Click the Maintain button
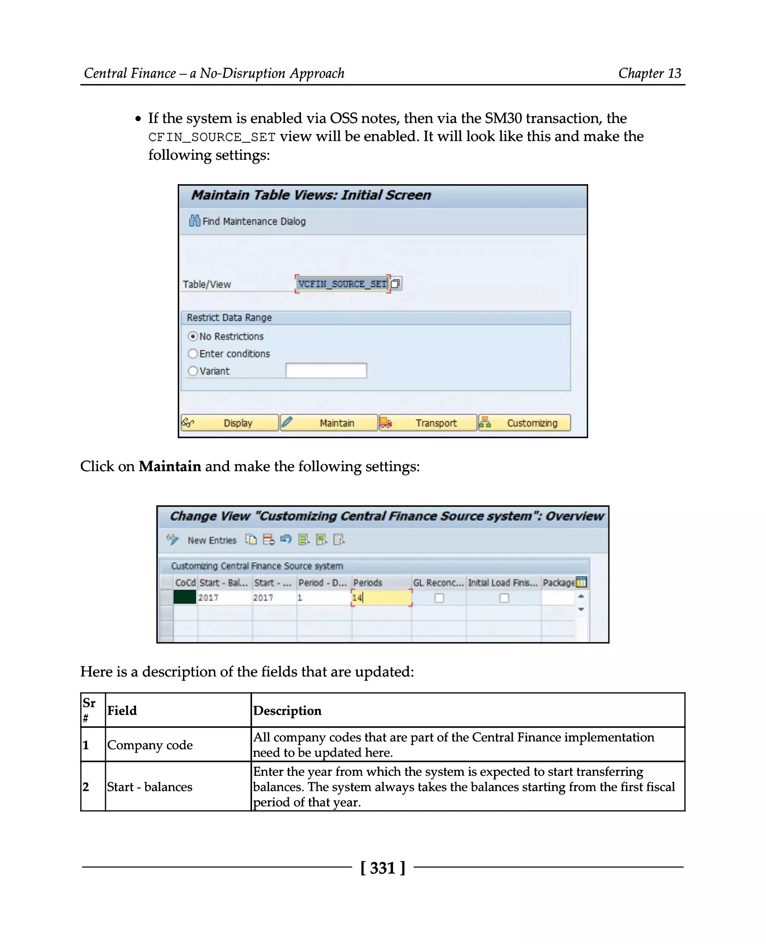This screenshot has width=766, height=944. click(x=329, y=422)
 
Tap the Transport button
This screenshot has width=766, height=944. click(x=428, y=422)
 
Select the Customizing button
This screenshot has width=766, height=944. click(x=525, y=422)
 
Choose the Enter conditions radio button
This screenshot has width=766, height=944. click(x=193, y=354)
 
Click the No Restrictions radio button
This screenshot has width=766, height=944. click(x=193, y=336)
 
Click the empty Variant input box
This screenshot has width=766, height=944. click(x=326, y=370)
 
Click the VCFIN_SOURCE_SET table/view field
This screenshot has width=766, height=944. click(x=342, y=284)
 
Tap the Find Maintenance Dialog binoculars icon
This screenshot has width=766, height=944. click(x=194, y=221)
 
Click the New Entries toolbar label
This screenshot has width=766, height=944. click(x=212, y=540)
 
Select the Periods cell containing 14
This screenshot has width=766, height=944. click(x=381, y=598)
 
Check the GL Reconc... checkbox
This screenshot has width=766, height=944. click(x=439, y=598)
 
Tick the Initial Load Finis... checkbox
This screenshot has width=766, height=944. click(x=504, y=598)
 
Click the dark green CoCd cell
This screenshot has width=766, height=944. click(x=184, y=597)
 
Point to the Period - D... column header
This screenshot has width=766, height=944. click(x=322, y=583)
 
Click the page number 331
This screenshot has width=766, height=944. click(x=383, y=868)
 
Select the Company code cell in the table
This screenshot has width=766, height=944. click(x=150, y=745)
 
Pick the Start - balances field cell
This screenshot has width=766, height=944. click(x=150, y=787)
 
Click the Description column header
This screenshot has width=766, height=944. click(x=287, y=711)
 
